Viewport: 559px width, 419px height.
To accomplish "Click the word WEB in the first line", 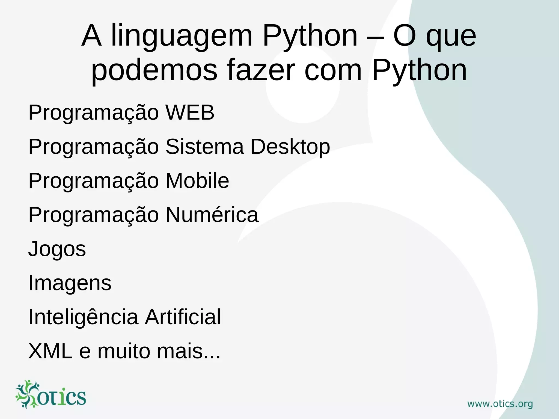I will [190, 112].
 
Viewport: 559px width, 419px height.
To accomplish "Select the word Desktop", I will [290, 147].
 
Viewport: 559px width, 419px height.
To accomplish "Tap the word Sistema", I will [204, 147].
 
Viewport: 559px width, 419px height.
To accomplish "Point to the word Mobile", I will [197, 181].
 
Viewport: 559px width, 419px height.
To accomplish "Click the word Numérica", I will [212, 215].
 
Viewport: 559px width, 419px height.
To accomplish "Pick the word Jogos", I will [57, 249].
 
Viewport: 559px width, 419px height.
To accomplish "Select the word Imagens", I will [70, 283].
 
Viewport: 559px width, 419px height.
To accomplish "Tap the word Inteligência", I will [83, 317].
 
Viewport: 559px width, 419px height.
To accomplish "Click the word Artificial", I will [183, 317].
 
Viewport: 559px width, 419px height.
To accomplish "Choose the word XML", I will [50, 351].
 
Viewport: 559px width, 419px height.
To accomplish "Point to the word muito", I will [124, 351].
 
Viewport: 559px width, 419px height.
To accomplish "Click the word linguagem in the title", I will [182, 36].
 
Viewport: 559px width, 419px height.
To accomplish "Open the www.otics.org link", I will [500, 404].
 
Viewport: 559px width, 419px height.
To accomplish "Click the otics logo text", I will [61, 397].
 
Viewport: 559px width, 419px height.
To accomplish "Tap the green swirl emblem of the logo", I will [27, 394].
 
